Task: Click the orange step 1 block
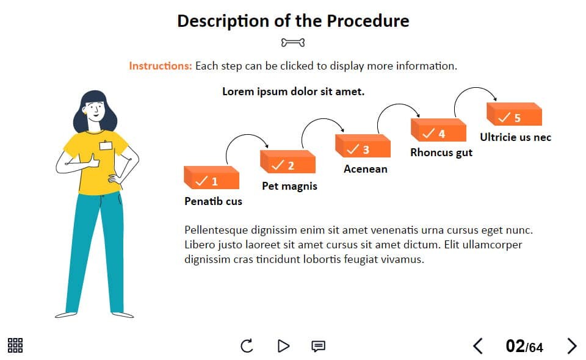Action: coord(212,178)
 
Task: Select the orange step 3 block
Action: coord(363,146)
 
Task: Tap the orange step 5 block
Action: coord(514,114)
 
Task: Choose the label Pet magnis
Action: coord(289,186)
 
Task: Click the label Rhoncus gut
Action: coord(441,153)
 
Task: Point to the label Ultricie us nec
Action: coord(515,137)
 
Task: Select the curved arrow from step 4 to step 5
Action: coord(474,88)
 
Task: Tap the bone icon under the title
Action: coord(293,43)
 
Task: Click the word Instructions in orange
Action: coord(161,66)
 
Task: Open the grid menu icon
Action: coord(15,345)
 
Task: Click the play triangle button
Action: coord(284,346)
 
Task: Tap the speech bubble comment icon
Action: coord(319,346)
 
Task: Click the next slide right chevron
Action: coord(572,346)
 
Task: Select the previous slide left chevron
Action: coord(477,346)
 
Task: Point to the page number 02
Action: coord(515,346)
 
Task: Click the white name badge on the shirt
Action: coord(106,145)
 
